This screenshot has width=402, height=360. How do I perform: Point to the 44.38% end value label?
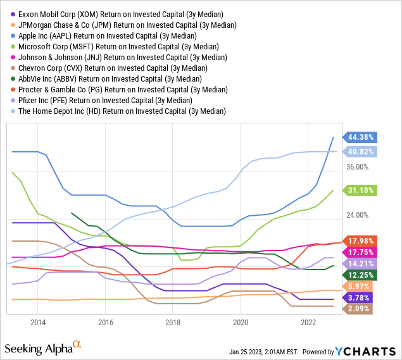pyautogui.click(x=359, y=137)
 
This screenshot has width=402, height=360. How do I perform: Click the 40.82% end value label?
pyautogui.click(x=359, y=151)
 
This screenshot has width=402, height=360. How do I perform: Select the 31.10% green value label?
pyautogui.click(x=359, y=190)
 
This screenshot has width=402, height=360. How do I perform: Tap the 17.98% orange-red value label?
pyautogui.click(x=359, y=240)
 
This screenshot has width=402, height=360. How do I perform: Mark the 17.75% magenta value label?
pyautogui.click(x=359, y=252)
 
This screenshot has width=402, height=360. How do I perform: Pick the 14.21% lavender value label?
pyautogui.click(x=359, y=263)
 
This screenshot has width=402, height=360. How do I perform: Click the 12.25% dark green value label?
pyautogui.click(x=359, y=275)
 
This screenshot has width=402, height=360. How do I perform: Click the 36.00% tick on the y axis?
pyautogui.click(x=356, y=167)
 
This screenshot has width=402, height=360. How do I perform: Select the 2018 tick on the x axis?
pyautogui.click(x=172, y=321)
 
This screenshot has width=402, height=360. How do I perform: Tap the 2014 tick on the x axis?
pyautogui.click(x=37, y=321)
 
